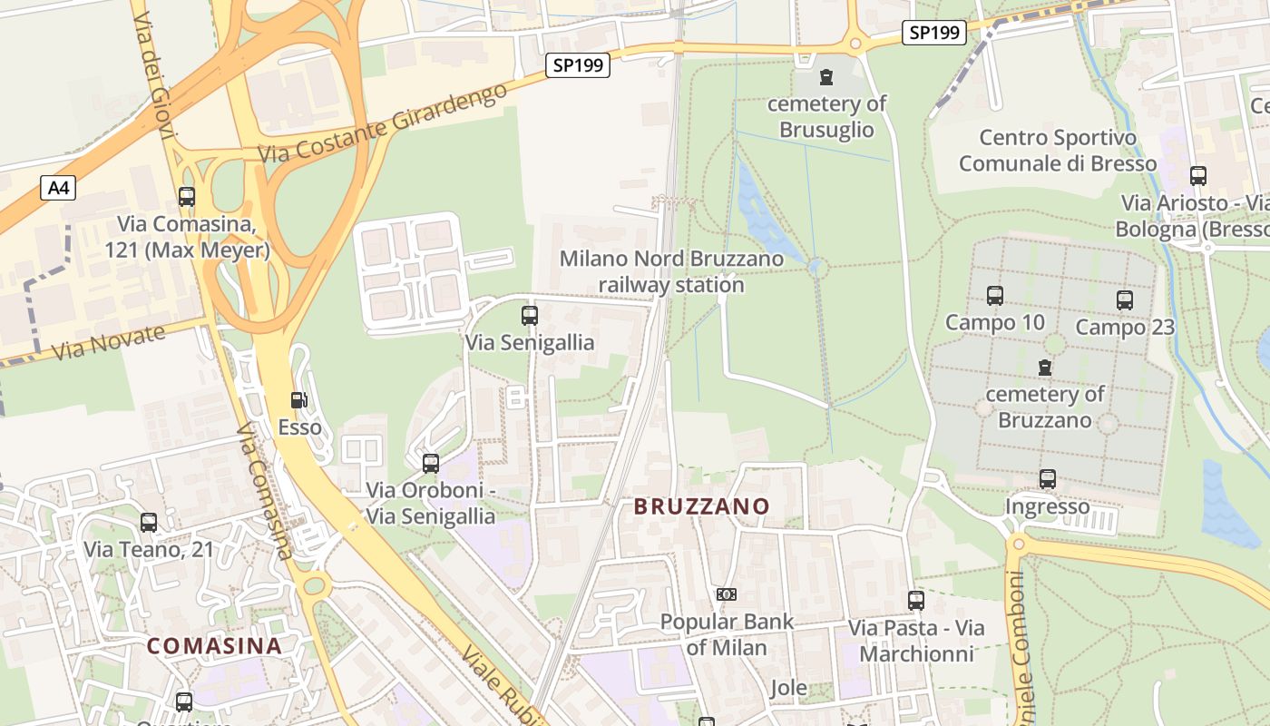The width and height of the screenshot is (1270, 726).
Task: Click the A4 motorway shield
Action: click(x=57, y=188)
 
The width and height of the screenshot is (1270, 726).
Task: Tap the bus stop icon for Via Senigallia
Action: click(x=530, y=316)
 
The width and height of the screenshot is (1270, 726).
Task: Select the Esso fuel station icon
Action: click(x=298, y=400)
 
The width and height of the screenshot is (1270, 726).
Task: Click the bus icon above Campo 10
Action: click(x=995, y=295)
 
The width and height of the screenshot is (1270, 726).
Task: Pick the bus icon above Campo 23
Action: click(x=1125, y=299)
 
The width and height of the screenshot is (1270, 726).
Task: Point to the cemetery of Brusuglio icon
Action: click(x=825, y=77)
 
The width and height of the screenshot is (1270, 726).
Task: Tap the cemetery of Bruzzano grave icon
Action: click(x=1045, y=368)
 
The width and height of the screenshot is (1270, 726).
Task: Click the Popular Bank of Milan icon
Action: click(x=727, y=594)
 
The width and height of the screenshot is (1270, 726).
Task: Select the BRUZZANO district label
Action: click(x=702, y=506)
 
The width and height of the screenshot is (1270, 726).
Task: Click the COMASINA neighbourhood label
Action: click(x=214, y=646)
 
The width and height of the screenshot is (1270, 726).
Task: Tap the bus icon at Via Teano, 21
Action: click(x=149, y=523)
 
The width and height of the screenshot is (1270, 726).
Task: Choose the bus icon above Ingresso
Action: click(x=1048, y=478)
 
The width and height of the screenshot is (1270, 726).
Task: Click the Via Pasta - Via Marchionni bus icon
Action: click(x=916, y=600)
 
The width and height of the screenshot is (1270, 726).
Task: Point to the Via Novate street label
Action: click(x=109, y=342)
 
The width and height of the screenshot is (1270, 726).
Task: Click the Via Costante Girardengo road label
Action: click(x=383, y=126)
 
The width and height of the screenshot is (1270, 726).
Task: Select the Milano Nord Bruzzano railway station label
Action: click(x=671, y=271)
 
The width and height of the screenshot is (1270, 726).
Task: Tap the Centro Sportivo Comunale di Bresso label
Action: click(x=1058, y=151)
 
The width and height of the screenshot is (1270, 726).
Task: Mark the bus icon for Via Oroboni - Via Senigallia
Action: click(x=431, y=464)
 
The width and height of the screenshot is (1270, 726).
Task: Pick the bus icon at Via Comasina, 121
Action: click(x=187, y=196)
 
